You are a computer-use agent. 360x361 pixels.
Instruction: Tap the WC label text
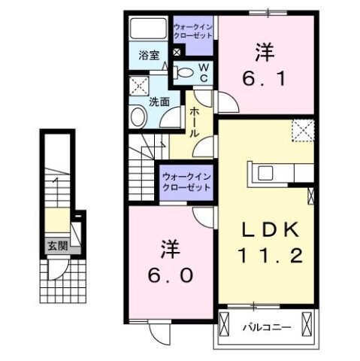point(203,72)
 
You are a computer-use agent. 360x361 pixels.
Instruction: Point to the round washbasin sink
point(138,117)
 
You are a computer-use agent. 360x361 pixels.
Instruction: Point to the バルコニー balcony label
point(262,327)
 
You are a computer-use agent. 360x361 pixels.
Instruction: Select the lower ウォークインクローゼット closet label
point(186,182)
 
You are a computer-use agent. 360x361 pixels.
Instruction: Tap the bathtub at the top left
point(148,29)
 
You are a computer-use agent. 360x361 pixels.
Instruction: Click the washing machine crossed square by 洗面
point(138,84)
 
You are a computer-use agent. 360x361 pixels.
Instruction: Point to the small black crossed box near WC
point(177,53)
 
